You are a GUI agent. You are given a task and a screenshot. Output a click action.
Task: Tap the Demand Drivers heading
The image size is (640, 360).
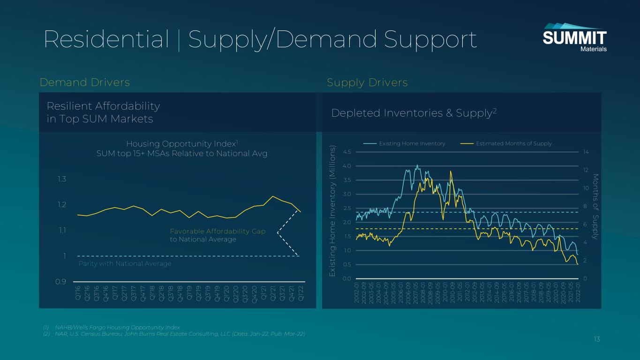[85, 82]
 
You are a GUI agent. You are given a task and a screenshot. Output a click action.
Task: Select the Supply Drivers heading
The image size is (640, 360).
[367, 82]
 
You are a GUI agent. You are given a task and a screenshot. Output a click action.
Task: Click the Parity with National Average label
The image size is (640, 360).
[125, 264]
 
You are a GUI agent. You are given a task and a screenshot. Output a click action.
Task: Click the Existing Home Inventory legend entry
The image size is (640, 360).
[406, 143]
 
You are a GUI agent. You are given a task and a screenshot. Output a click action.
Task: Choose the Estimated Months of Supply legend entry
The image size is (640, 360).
[507, 143]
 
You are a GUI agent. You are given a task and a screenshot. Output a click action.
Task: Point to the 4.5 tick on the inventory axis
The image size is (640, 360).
[347, 152]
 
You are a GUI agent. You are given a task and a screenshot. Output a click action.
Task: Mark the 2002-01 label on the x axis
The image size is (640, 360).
[357, 292]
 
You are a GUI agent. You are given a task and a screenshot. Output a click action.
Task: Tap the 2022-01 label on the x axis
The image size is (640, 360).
[578, 292]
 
